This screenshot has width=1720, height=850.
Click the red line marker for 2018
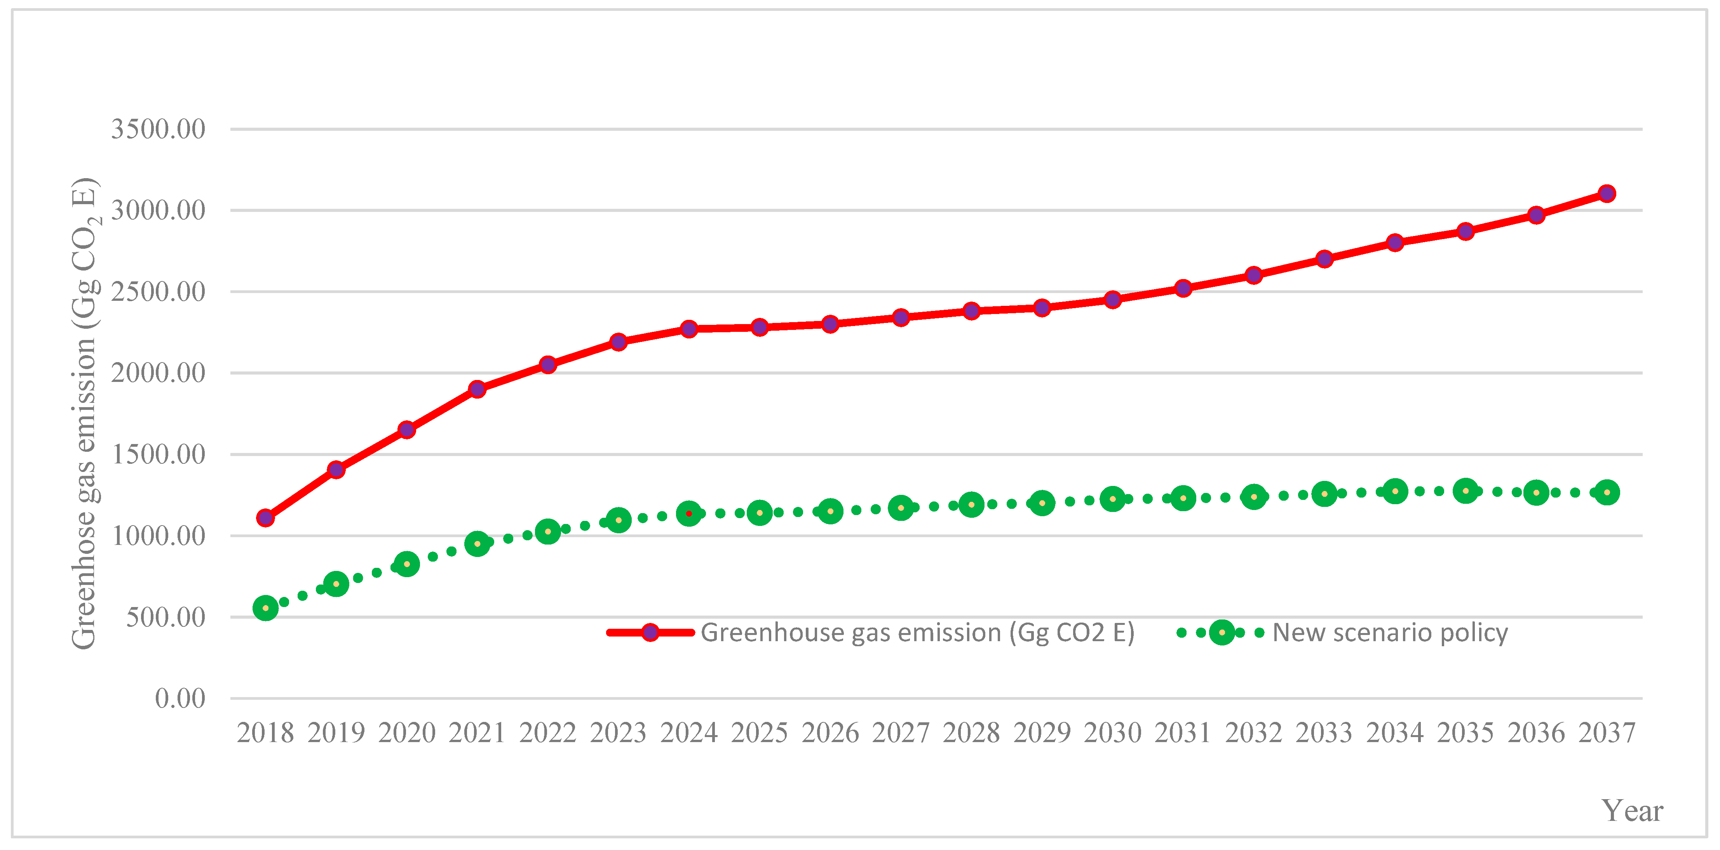[265, 518]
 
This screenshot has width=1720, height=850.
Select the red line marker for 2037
[1607, 194]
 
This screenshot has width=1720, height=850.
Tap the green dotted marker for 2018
[265, 608]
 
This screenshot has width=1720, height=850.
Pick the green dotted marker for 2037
[1607, 493]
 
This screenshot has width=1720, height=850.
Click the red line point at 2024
[688, 329]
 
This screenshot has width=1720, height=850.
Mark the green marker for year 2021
[477, 544]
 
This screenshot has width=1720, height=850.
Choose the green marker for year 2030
[1112, 499]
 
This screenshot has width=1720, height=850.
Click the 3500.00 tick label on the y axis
[158, 129]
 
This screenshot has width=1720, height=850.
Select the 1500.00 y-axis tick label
[158, 454]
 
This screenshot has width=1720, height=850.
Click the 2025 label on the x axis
[759, 732]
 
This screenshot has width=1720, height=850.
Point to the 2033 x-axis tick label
[1324, 732]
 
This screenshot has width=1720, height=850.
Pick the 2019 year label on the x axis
[336, 732]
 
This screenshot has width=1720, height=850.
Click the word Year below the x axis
[1632, 811]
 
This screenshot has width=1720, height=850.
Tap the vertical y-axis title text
[85, 414]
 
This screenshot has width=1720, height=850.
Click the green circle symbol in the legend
[1221, 633]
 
